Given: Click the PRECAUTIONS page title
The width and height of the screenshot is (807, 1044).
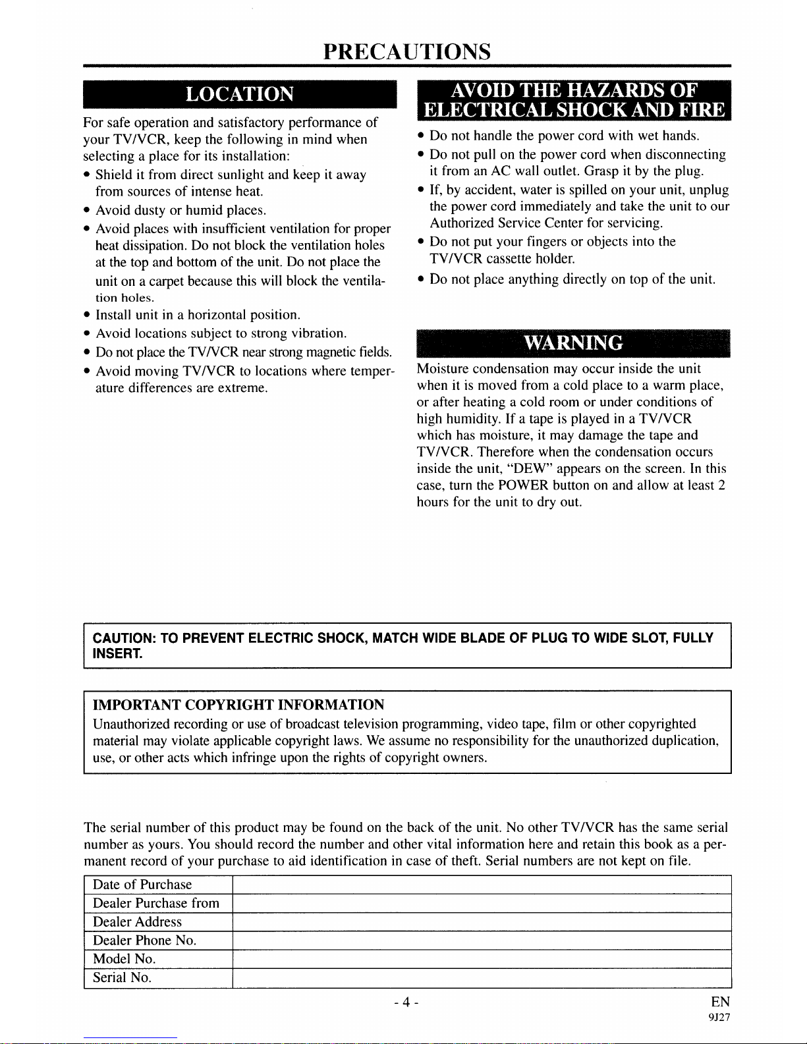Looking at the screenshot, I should [x=406, y=51].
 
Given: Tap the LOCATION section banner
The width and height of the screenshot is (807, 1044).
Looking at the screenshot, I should [x=239, y=94].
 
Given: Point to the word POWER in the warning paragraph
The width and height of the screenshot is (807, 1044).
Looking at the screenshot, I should [x=523, y=485].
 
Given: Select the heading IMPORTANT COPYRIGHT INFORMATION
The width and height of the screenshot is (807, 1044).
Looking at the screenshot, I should [x=238, y=705].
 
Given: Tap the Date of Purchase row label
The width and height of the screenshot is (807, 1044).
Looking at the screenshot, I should [x=142, y=885].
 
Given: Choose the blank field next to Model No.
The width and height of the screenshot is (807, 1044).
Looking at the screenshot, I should [x=482, y=959].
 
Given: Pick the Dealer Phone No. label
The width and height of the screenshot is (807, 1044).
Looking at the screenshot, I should [x=144, y=941].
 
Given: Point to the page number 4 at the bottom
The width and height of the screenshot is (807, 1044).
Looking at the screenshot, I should [x=406, y=1003].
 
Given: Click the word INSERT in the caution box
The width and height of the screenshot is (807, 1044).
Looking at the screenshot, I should [x=117, y=654].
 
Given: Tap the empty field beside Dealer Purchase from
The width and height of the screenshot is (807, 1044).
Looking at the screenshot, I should [x=482, y=903].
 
